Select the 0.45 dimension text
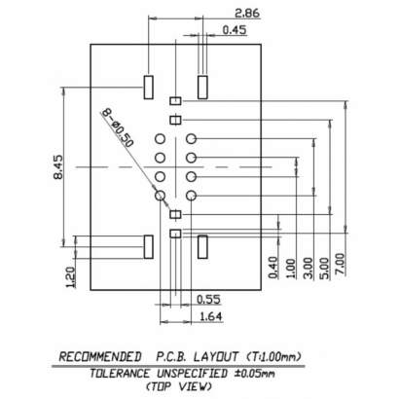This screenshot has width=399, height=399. coord(234,30)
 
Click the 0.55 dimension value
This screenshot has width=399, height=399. coord(206,299)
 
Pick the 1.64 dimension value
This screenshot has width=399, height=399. coord(208,316)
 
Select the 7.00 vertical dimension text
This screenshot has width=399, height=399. coord(340,264)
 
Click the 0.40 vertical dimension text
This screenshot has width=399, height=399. coord(274,266)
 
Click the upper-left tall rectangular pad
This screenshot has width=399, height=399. coord(149,86)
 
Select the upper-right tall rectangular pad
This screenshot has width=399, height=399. coord(202,86)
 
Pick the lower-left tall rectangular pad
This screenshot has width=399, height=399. coord(149,247)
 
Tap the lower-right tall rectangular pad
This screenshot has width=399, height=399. coord(202,246)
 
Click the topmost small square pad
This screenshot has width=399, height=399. coord(175,101)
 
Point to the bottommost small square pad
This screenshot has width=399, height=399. coord(175,234)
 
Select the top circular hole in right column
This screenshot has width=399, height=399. coord(192,140)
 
